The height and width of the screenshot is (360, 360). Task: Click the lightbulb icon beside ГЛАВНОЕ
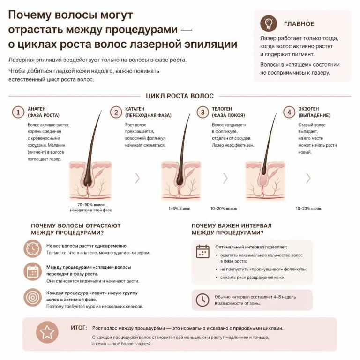[x=269, y=23]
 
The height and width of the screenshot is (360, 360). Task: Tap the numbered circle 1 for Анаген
[x=18, y=112]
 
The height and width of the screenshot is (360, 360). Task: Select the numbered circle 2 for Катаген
[x=116, y=112]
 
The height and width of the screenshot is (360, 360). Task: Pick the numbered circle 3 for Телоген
[x=202, y=112]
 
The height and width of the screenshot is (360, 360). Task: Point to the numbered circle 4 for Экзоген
[x=289, y=112]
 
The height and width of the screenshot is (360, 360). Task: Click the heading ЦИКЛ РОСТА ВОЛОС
[x=180, y=96]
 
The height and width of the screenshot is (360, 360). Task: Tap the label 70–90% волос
[x=91, y=204]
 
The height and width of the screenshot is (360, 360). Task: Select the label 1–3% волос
[x=180, y=209]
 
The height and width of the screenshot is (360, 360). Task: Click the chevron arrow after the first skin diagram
[x=137, y=178]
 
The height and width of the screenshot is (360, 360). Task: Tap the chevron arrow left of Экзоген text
[x=308, y=178]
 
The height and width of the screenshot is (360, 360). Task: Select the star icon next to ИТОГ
[x=47, y=332]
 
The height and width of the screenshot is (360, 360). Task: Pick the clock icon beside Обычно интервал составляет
[x=202, y=300]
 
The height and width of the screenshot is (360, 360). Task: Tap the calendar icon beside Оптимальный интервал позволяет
[x=202, y=251]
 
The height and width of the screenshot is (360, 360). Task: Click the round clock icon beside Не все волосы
[x=33, y=248]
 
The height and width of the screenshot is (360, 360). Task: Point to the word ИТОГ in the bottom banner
[x=79, y=328]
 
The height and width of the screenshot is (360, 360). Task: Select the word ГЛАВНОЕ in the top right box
[x=299, y=24]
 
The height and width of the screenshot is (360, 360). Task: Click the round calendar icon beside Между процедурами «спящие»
[x=33, y=271]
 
